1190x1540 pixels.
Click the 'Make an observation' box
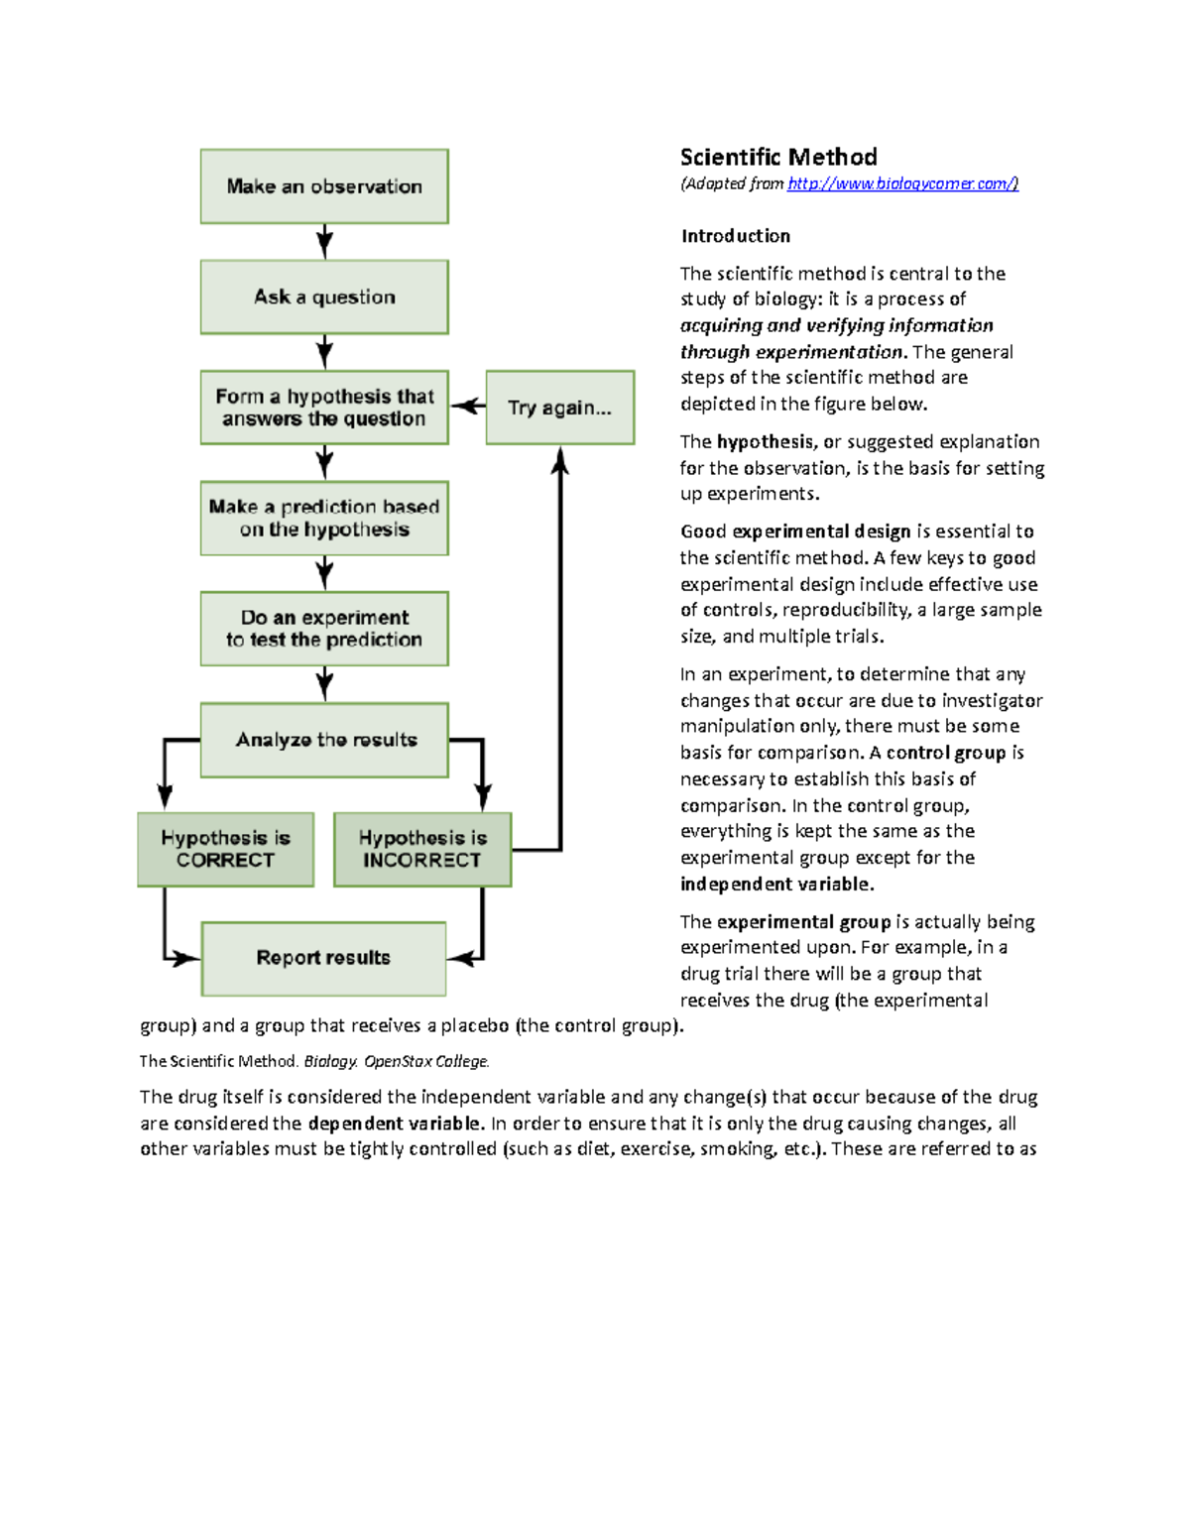tap(324, 186)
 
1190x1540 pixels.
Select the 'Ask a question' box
tap(324, 296)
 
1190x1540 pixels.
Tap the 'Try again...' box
tap(559, 408)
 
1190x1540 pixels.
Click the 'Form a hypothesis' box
tap(324, 408)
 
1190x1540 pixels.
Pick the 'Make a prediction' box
tap(324, 518)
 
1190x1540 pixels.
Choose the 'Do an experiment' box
tap(324, 629)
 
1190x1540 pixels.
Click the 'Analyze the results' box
tap(324, 740)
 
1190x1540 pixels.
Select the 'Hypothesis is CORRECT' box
tap(225, 849)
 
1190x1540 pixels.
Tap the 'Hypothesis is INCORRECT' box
tap(422, 849)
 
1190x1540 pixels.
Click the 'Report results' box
tap(323, 958)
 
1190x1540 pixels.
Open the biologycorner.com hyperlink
tap(902, 183)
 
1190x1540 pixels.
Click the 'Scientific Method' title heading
tap(778, 157)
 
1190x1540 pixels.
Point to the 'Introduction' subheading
tap(735, 236)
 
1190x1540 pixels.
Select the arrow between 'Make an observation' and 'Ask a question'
tap(324, 241)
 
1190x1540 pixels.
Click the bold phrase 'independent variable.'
tap(776, 884)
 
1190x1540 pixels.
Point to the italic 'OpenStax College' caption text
tap(426, 1061)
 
